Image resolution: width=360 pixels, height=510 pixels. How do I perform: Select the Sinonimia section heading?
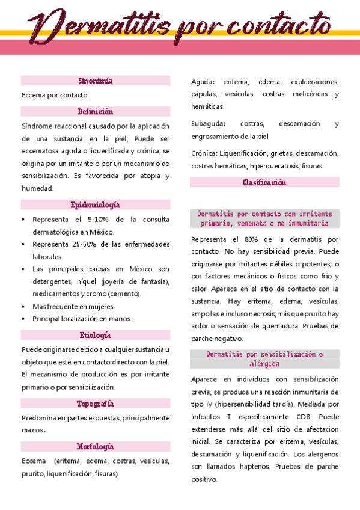click(96, 81)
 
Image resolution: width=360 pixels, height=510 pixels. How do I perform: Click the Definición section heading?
click(96, 112)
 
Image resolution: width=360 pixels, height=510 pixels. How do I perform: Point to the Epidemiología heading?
click(96, 205)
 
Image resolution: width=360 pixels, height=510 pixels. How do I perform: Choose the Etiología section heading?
click(96, 336)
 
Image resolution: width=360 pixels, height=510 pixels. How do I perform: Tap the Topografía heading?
click(96, 404)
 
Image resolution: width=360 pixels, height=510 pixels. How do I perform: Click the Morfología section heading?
click(96, 447)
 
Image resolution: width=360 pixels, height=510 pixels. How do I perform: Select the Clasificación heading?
click(264, 183)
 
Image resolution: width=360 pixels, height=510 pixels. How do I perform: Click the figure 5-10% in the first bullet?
click(99, 220)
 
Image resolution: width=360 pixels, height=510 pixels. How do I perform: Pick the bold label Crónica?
click(205, 153)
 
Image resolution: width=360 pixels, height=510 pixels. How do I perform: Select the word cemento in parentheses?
click(126, 294)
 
